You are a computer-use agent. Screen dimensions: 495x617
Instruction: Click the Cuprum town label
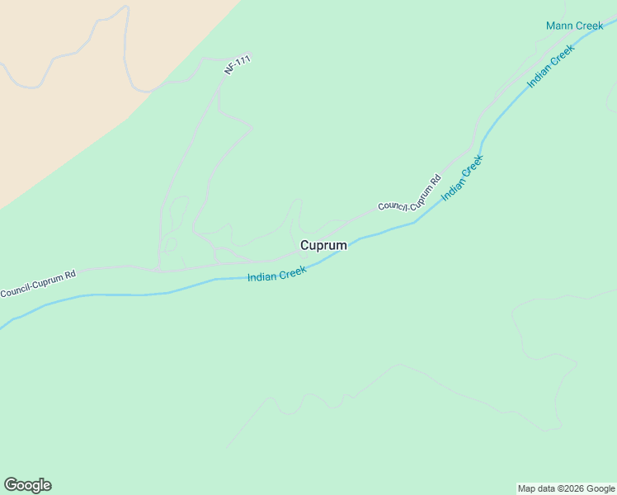(x=323, y=245)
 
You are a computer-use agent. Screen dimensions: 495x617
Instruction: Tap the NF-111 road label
(x=238, y=65)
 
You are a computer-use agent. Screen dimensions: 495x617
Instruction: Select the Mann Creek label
(x=574, y=26)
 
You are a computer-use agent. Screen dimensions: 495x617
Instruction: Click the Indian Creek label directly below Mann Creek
(x=550, y=67)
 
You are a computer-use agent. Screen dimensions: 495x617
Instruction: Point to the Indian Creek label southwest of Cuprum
(x=277, y=273)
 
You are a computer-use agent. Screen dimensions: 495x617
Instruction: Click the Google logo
(x=27, y=485)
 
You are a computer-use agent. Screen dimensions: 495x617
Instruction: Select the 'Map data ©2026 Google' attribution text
(x=566, y=488)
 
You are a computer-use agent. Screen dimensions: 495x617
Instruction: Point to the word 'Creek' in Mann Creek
(x=589, y=26)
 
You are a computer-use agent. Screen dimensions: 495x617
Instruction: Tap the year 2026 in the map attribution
(x=568, y=488)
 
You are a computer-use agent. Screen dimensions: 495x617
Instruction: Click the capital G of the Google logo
(x=11, y=485)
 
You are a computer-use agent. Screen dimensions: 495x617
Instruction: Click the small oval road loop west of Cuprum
(x=171, y=245)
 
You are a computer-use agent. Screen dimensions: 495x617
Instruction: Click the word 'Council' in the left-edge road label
(x=15, y=290)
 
